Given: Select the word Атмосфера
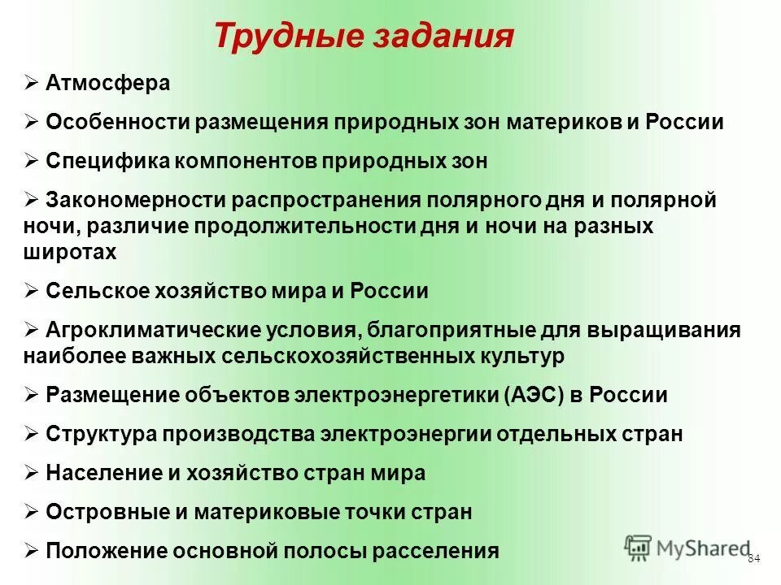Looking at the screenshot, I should (x=108, y=83).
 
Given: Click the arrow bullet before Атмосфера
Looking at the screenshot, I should (x=31, y=83).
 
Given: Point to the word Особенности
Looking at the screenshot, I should (x=116, y=122).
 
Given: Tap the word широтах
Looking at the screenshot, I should (x=71, y=252).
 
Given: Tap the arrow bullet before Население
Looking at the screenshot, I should (x=31, y=473).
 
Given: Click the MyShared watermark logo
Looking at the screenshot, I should (x=688, y=547).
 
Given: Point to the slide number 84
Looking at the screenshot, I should (x=753, y=558).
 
